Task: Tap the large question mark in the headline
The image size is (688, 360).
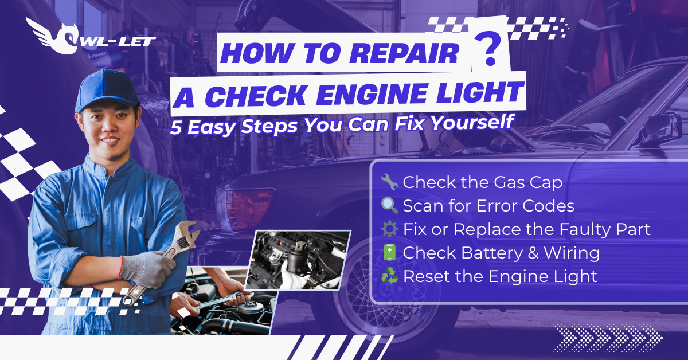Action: pyautogui.click(x=488, y=53)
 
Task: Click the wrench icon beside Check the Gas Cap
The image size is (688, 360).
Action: pyautogui.click(x=389, y=182)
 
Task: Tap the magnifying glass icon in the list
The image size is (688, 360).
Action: pyautogui.click(x=389, y=206)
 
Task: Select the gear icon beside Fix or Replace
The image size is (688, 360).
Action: pyautogui.click(x=389, y=229)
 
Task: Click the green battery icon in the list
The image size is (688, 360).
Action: pyautogui.click(x=389, y=253)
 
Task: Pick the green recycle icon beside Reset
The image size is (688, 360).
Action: pyautogui.click(x=389, y=276)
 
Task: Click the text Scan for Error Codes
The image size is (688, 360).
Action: pyautogui.click(x=488, y=206)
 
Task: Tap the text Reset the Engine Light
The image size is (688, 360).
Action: pyautogui.click(x=500, y=276)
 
